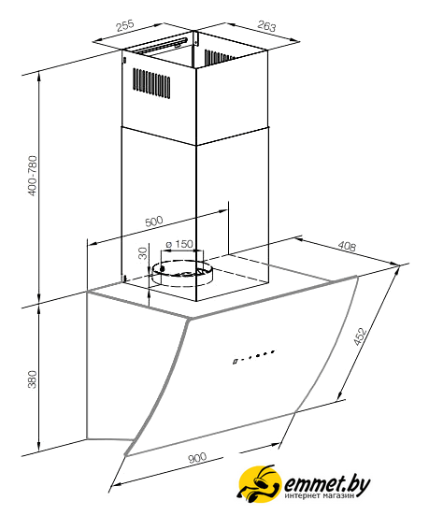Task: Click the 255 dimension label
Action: tap(125, 25)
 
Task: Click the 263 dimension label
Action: tap(266, 26)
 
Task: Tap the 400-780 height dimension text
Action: tap(33, 176)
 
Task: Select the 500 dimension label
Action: tap(154, 221)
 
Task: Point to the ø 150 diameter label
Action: tap(179, 244)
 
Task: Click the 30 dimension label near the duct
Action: tap(143, 253)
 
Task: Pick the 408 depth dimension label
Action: tap(347, 246)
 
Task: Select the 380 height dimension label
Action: tap(32, 379)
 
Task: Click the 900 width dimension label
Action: tap(197, 458)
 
